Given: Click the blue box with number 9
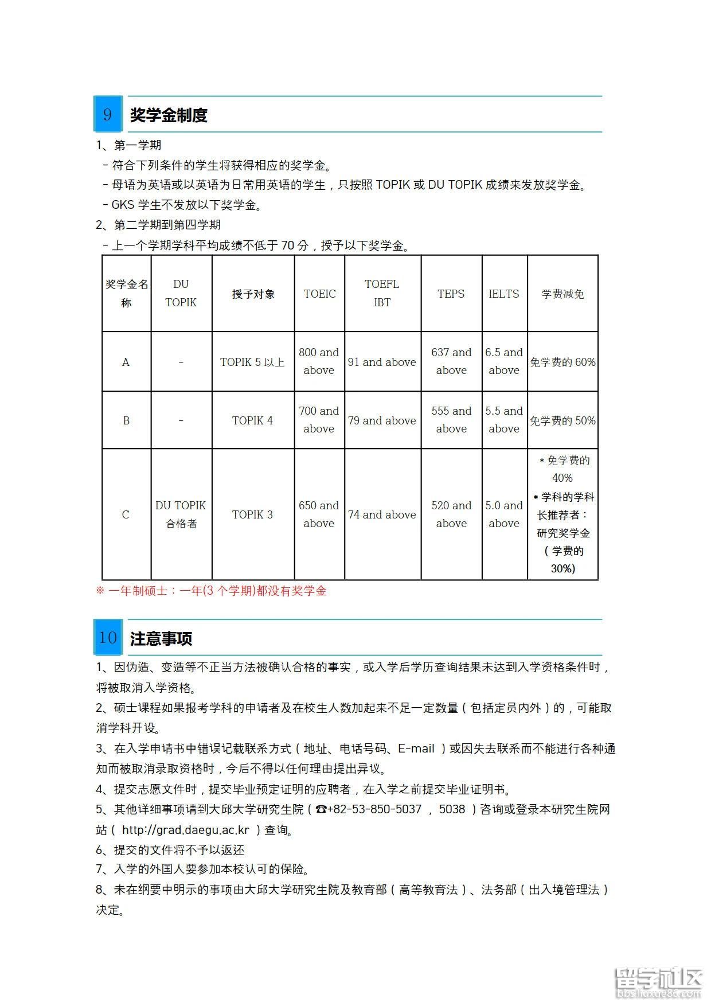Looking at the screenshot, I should point(108,114).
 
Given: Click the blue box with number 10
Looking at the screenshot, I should point(108,637).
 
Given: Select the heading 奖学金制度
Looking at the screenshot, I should point(168,115).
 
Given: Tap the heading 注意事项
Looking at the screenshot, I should point(161,638).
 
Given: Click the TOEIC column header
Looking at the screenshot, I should point(319,294).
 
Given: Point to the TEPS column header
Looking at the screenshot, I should point(451,294).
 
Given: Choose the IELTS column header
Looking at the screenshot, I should point(504,294).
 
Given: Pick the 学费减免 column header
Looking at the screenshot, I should point(562,294).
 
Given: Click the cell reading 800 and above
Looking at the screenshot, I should point(319,361).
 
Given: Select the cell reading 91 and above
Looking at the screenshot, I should point(382,362).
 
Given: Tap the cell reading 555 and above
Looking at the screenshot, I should point(451,420).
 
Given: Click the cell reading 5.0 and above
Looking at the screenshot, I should point(504,514).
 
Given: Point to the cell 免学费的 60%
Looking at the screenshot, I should point(562,362).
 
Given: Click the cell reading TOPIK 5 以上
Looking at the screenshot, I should point(252,362).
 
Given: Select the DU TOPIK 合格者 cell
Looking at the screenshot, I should point(181,514).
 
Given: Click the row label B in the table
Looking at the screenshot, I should point(126,420).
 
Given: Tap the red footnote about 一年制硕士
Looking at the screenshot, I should point(211,591).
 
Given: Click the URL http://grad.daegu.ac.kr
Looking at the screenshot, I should point(186,829).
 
